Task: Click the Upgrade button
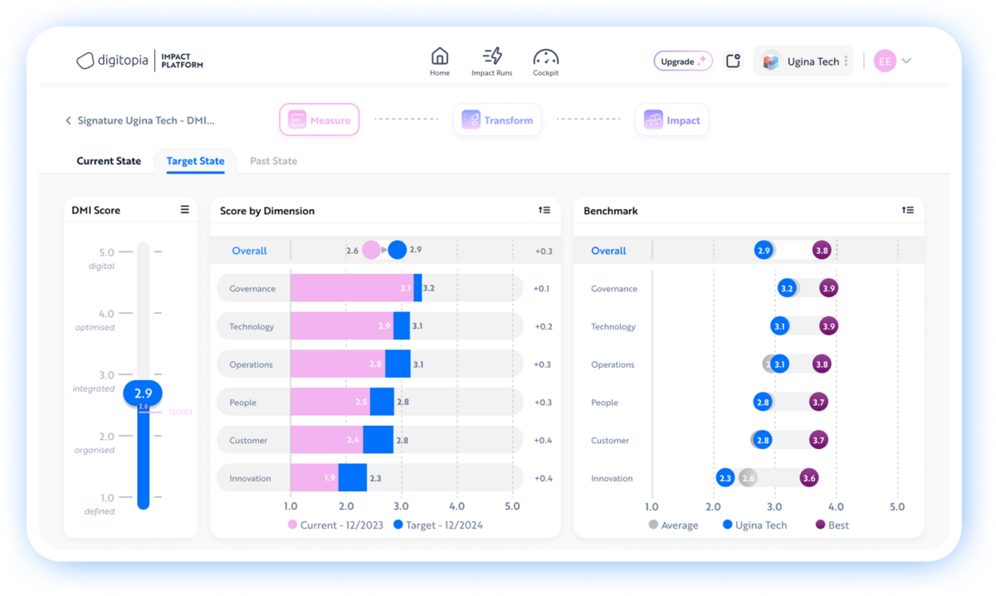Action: tap(682, 61)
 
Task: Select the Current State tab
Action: tap(109, 161)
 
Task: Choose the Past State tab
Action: tap(273, 161)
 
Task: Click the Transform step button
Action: tap(497, 120)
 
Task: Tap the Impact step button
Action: tap(672, 120)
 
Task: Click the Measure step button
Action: tap(320, 120)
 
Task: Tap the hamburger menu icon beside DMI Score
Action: tap(185, 210)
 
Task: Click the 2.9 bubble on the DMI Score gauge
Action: tap(143, 393)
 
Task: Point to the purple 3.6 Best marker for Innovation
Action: tap(809, 478)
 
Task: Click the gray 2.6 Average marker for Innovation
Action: tap(748, 478)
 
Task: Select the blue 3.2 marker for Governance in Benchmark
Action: tap(787, 289)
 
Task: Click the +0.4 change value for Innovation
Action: tap(543, 478)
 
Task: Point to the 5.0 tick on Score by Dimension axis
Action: tap(512, 506)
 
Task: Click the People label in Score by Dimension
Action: tap(243, 403)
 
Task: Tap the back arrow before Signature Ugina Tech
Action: tap(68, 120)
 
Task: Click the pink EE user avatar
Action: tap(885, 61)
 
